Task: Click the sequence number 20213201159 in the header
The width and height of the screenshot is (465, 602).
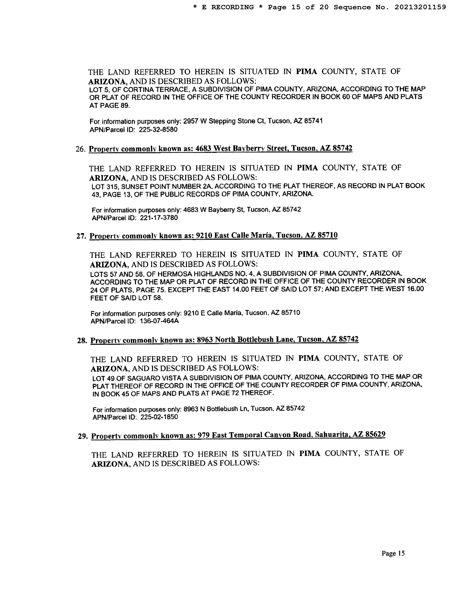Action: coord(420,7)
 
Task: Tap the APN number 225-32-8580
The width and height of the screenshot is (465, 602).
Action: coord(158,130)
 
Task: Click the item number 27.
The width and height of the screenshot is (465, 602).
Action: coord(81,236)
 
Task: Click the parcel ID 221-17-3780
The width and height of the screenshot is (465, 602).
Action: coord(159,218)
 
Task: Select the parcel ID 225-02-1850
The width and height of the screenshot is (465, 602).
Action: coord(159,417)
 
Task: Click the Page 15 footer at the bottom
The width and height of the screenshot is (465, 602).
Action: coord(393,553)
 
